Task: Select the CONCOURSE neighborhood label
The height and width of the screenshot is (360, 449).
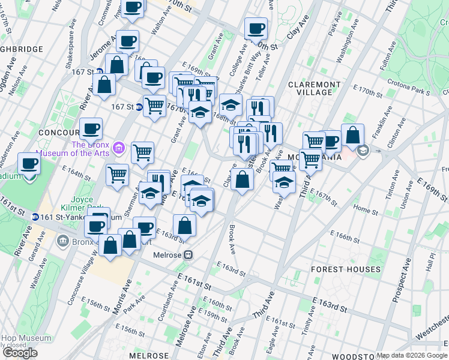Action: point(59,132)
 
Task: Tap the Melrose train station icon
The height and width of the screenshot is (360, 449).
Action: point(188,254)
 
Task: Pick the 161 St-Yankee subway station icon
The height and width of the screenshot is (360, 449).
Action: point(37,217)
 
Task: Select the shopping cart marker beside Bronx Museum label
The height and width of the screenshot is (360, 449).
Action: point(142,152)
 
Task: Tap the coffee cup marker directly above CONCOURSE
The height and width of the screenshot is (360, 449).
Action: point(91,128)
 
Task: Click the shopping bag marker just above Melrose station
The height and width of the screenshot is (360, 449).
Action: point(184,226)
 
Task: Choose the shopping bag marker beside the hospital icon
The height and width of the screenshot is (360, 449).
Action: point(352,134)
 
